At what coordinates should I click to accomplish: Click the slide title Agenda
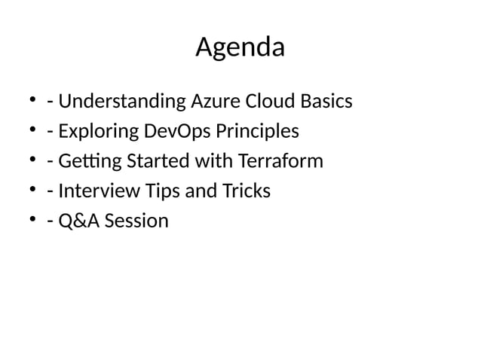(x=240, y=47)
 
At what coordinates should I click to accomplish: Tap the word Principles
(x=257, y=132)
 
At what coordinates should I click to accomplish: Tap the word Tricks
(x=245, y=191)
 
